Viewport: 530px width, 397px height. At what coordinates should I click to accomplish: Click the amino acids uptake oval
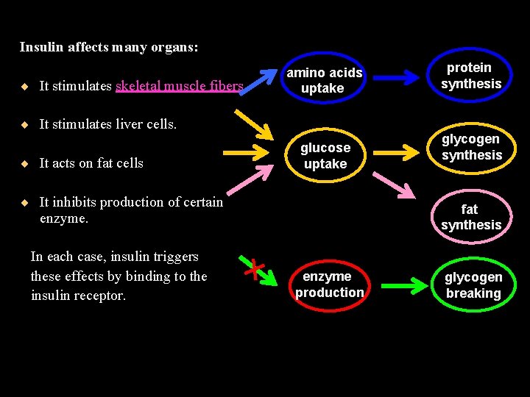[x=324, y=80]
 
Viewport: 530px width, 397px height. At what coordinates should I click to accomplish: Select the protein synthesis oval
[x=471, y=76]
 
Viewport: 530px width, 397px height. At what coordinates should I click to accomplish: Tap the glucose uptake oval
[x=325, y=156]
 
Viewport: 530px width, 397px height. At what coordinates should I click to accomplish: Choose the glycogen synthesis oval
[x=471, y=147]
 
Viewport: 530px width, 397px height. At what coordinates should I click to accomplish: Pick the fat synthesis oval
[x=471, y=218]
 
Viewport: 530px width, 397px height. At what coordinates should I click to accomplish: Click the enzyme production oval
[x=329, y=285]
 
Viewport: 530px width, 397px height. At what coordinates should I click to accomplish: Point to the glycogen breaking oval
[x=473, y=285]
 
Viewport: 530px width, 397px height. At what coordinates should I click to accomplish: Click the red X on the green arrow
[x=254, y=268]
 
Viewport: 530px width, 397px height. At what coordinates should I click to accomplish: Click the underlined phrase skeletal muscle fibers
[x=179, y=86]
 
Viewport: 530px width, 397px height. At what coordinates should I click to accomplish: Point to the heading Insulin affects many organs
[x=109, y=47]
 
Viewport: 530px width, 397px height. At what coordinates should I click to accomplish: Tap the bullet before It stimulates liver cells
[x=25, y=124]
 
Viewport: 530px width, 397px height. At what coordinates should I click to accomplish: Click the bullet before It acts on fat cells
[x=25, y=163]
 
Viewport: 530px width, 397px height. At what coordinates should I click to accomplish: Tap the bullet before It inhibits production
[x=25, y=202]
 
